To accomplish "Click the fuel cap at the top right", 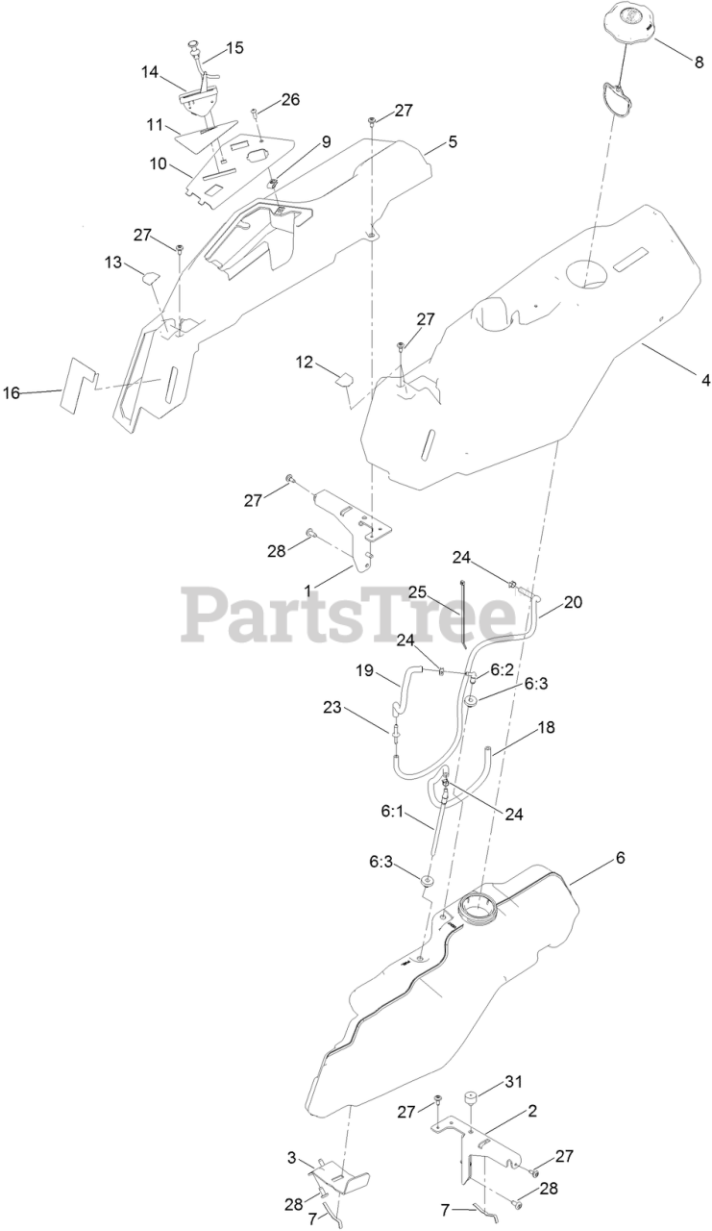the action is click(627, 24).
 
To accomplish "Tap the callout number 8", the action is click(699, 63).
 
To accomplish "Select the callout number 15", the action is click(234, 48).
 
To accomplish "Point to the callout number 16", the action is click(12, 392).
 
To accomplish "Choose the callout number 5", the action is click(452, 141).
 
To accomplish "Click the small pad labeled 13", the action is click(149, 278).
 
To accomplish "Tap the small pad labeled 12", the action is click(345, 380).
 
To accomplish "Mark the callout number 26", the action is click(290, 99).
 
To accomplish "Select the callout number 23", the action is click(333, 707).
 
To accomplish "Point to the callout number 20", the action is click(573, 602).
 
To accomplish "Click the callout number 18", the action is click(546, 727).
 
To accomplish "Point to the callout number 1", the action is click(307, 590).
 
